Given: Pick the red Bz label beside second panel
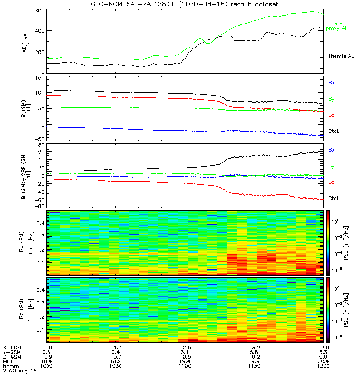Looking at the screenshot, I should pyautogui.click(x=331, y=115).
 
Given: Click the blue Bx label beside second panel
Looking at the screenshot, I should pyautogui.click(x=331, y=83).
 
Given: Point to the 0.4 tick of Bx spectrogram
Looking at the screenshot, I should pyautogui.click(x=40, y=223).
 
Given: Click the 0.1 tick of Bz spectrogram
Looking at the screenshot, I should pyautogui.click(x=40, y=329).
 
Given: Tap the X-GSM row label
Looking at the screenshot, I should pyautogui.click(x=12, y=347).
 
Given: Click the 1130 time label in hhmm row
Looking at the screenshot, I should pyautogui.click(x=253, y=366).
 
